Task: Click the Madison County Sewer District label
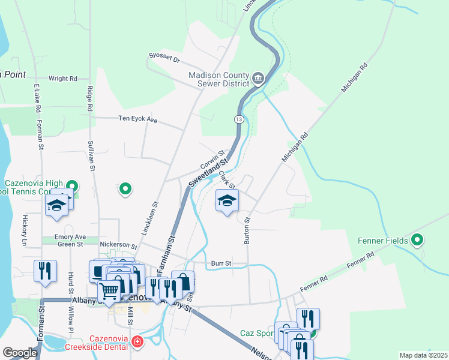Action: [x=217, y=79]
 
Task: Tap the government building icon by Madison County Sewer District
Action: [x=258, y=77]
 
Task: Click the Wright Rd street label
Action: [x=63, y=79]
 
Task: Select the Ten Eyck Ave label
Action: [x=137, y=120]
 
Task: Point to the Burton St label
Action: [x=247, y=230]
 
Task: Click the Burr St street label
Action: [x=221, y=263]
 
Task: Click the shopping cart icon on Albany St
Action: [x=109, y=292]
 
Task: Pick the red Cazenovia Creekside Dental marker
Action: [x=137, y=343]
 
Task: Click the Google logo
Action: [x=20, y=353]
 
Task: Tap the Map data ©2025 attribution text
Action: [x=423, y=355]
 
